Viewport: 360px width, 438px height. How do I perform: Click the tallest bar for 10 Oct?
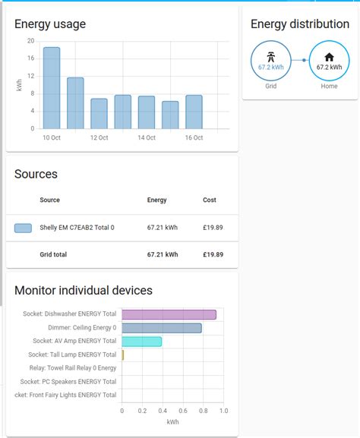tap(51, 88)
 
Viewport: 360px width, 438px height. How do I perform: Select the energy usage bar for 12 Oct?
tap(99, 114)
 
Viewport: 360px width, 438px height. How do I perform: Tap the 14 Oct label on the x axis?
tap(147, 137)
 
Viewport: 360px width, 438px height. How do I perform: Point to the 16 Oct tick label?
tap(194, 137)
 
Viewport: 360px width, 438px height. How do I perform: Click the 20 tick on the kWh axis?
tap(30, 41)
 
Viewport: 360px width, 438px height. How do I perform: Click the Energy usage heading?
tap(50, 24)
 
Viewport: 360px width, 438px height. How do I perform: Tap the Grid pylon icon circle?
tap(270, 60)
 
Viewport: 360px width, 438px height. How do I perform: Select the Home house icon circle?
tap(329, 60)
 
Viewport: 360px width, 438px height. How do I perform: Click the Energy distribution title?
tap(300, 24)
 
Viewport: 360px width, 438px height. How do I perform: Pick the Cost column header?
tap(210, 200)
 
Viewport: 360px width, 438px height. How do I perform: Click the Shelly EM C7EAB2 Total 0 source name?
tap(77, 228)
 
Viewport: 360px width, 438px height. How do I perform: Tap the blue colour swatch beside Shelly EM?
tap(23, 228)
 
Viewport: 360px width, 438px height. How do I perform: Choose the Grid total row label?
tap(53, 254)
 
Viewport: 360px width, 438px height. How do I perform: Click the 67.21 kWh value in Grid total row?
tap(163, 254)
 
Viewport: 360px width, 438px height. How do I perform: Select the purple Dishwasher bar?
tap(169, 314)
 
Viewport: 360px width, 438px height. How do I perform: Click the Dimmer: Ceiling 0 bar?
tap(162, 328)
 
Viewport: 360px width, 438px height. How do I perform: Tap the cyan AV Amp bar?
tap(142, 342)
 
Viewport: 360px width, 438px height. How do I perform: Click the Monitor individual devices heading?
tap(84, 290)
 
